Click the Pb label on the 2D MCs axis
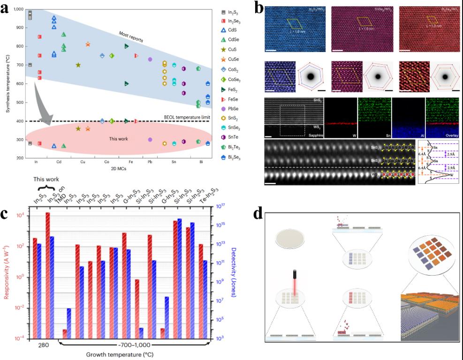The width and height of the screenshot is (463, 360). click(x=150, y=162)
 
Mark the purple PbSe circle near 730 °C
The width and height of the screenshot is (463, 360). click(x=150, y=60)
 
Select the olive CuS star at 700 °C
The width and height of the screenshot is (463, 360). click(x=78, y=65)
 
